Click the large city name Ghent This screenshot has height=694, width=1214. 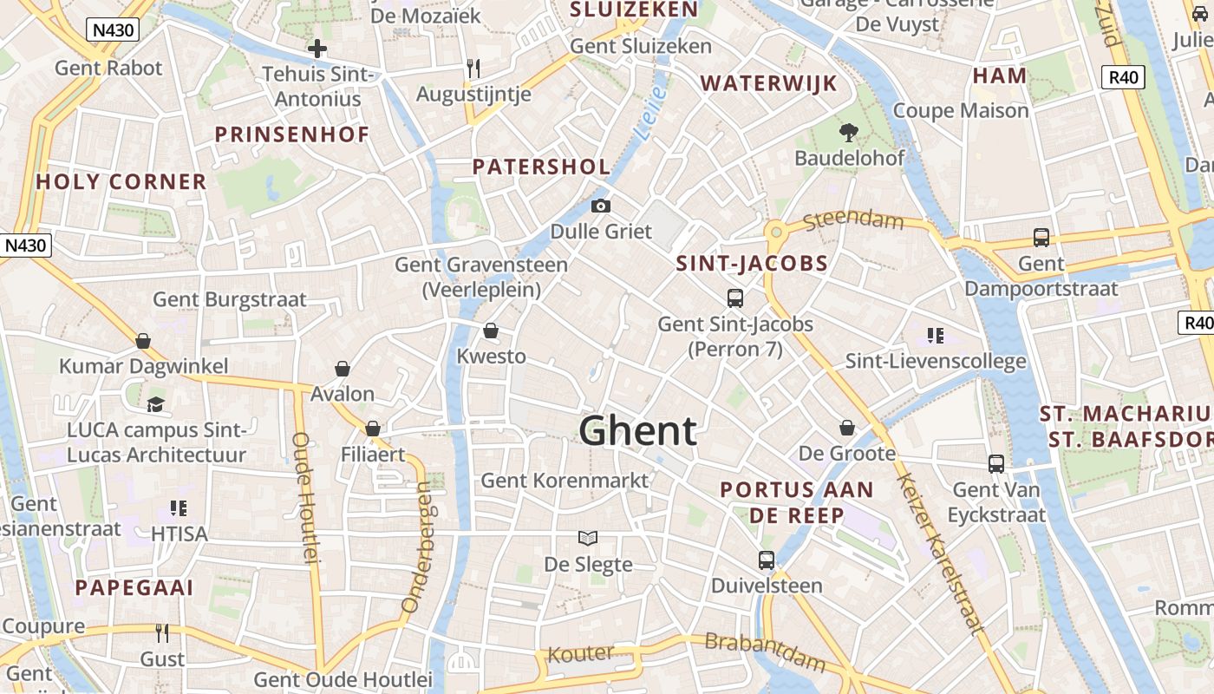click(637, 430)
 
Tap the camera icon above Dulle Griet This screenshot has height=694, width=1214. click(600, 206)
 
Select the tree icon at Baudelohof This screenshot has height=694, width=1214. click(848, 133)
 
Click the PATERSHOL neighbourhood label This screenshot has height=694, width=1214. click(541, 167)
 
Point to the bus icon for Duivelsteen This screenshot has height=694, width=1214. click(767, 560)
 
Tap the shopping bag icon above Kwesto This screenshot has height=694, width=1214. click(491, 331)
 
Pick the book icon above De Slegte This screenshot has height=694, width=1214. click(588, 539)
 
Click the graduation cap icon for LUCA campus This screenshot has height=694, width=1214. click(155, 403)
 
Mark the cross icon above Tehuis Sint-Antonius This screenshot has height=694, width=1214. click(317, 49)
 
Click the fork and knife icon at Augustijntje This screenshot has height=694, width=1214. click(473, 68)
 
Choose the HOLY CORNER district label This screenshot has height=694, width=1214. click(121, 182)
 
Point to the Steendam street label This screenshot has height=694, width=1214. click(853, 220)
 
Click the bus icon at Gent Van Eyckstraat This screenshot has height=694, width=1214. click(996, 464)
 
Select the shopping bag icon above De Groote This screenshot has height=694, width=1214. click(847, 428)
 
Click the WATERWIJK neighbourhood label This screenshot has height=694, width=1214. click(769, 83)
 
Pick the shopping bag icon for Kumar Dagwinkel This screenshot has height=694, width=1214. click(143, 340)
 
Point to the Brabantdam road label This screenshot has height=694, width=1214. click(765, 653)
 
